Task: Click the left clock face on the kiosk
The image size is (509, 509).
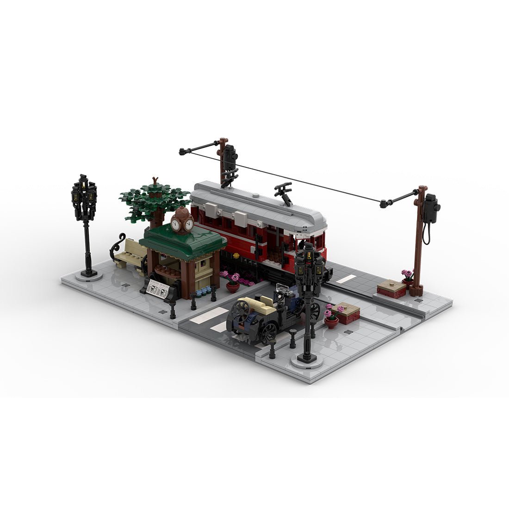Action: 175,224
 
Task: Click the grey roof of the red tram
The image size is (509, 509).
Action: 259,204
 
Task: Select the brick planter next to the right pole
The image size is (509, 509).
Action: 391,289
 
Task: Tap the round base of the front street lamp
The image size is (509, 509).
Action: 307,360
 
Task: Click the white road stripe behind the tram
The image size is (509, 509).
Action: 346,279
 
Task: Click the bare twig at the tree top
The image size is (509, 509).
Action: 155,181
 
